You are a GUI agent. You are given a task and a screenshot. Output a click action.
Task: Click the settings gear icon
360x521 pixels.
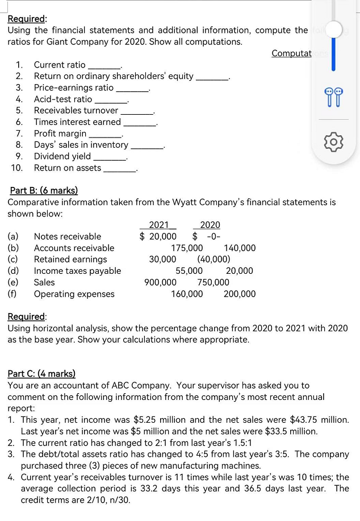click(335, 140)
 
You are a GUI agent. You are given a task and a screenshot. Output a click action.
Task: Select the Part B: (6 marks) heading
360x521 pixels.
click(44, 190)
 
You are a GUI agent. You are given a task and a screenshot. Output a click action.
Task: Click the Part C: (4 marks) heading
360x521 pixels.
click(41, 374)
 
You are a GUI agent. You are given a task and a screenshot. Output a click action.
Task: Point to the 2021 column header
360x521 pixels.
click(158, 225)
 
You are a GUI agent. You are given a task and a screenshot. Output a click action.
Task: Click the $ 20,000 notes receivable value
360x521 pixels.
click(158, 236)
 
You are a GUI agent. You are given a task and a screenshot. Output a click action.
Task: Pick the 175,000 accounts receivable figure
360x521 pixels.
click(187, 248)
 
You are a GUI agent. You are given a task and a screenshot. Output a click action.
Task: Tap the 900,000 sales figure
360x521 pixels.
click(160, 282)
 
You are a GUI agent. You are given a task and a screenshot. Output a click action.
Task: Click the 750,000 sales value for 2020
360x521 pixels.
click(213, 282)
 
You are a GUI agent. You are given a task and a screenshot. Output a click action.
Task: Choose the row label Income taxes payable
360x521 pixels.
click(77, 271)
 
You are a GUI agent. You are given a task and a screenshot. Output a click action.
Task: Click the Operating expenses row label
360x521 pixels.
click(74, 294)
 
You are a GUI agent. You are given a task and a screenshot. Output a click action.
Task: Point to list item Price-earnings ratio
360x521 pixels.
click(73, 87)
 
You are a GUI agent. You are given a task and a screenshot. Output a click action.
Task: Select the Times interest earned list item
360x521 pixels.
click(77, 122)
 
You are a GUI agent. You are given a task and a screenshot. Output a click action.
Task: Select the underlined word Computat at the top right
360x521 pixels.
click(291, 53)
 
